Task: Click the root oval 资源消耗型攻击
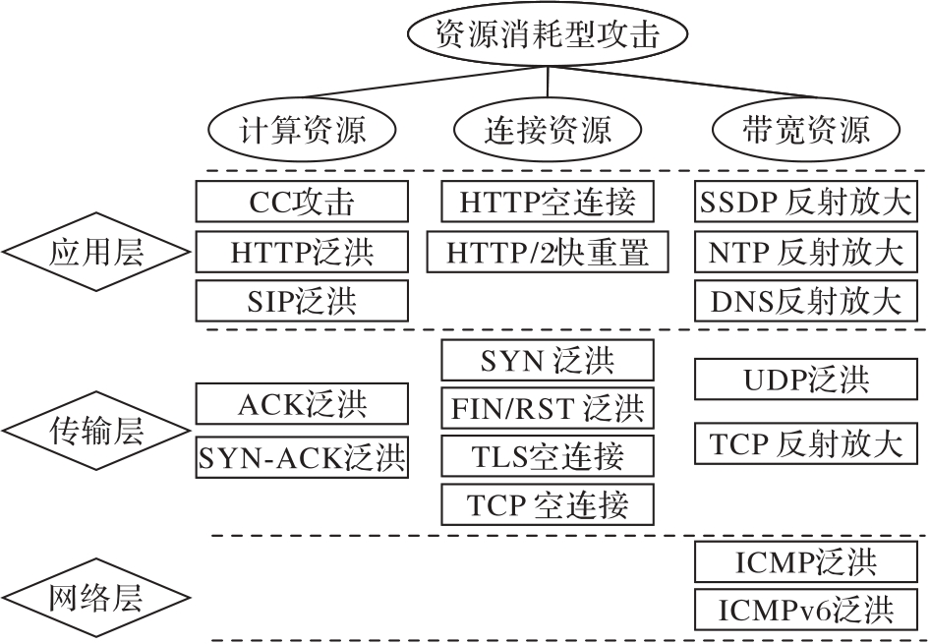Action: point(546,35)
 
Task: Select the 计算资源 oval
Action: point(303,128)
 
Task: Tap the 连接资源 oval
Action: point(548,128)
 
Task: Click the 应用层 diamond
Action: point(95,253)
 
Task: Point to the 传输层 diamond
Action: point(95,430)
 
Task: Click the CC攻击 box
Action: point(302,202)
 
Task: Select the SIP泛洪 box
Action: point(302,300)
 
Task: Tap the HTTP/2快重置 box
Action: point(548,252)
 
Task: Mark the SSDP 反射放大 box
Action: point(804,203)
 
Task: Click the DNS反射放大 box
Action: point(804,301)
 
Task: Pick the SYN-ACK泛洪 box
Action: point(302,456)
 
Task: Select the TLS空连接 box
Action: point(548,456)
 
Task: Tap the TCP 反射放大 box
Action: point(804,442)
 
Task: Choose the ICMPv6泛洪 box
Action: point(804,610)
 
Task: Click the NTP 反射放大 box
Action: point(804,252)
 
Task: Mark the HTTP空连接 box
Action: point(548,202)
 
